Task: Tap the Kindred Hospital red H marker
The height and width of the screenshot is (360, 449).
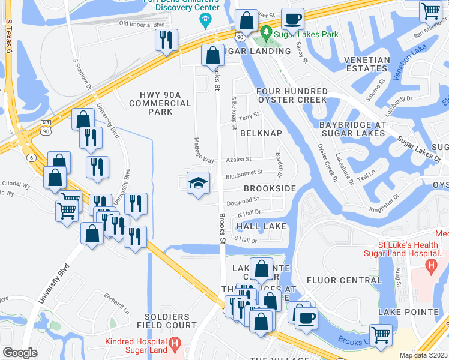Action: (175, 344)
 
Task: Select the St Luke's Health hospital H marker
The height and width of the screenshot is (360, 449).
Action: (430, 265)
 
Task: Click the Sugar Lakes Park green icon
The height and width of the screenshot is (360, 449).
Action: (265, 31)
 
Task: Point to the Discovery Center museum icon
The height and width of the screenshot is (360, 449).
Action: (205, 22)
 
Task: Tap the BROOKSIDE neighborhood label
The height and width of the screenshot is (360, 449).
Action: (269, 188)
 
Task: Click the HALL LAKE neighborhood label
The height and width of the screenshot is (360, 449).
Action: (261, 226)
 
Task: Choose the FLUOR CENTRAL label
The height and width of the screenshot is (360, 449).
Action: (343, 280)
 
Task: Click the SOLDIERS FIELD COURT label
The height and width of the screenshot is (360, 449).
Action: (170, 321)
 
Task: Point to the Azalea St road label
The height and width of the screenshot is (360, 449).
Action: (238, 160)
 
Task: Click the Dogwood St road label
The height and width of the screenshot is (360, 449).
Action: (244, 199)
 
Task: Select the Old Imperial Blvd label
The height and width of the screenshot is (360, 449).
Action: (142, 24)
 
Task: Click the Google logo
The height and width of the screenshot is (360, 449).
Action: (20, 353)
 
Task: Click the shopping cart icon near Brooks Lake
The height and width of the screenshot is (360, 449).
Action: (381, 334)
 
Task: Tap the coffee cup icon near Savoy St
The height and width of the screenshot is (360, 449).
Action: (292, 19)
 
